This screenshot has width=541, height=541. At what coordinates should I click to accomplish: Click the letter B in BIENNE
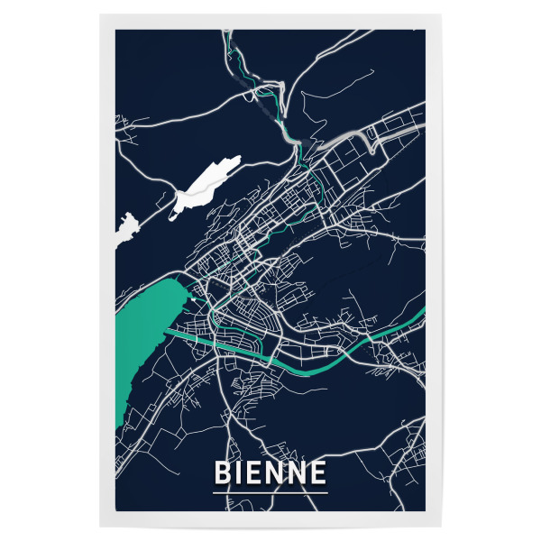221,472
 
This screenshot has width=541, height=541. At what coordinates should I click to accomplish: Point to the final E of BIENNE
318,472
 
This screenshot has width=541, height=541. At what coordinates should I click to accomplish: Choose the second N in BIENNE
297,472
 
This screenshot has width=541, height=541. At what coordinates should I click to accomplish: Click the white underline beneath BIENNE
270,492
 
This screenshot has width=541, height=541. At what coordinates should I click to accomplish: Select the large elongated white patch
206,186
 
